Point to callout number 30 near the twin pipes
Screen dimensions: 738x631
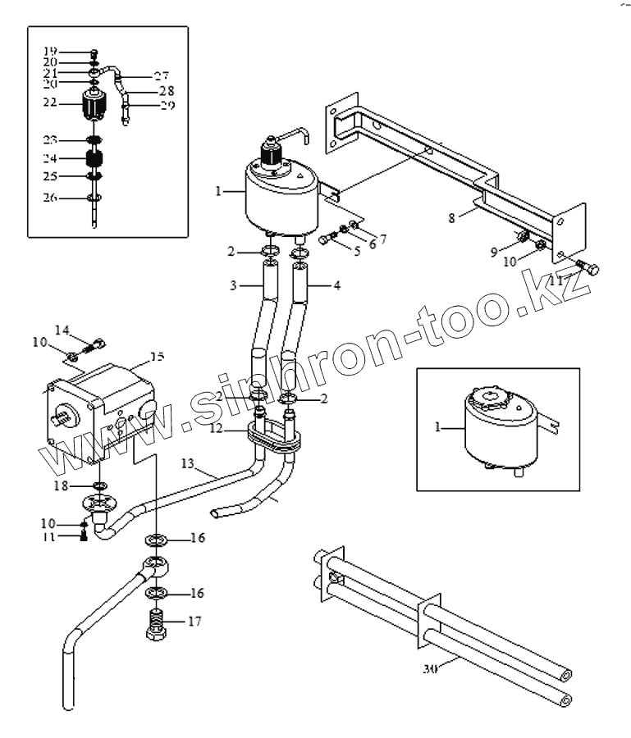pos(431,668)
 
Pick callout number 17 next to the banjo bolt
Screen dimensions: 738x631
pos(195,622)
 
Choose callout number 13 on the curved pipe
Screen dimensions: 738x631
pos(187,465)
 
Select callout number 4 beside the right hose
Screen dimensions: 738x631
pos(337,287)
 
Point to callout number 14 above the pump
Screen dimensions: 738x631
pos(62,330)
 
